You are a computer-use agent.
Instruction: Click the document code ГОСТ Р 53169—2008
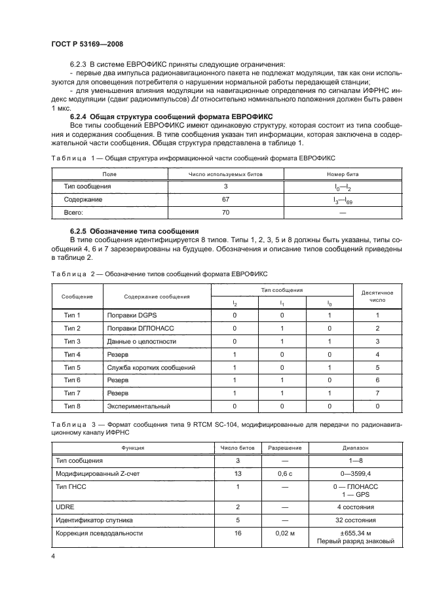click(87, 44)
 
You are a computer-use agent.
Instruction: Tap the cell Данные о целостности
click(141, 341)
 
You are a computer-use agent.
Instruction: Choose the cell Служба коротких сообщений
click(151, 367)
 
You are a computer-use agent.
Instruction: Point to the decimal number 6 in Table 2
click(377, 380)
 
